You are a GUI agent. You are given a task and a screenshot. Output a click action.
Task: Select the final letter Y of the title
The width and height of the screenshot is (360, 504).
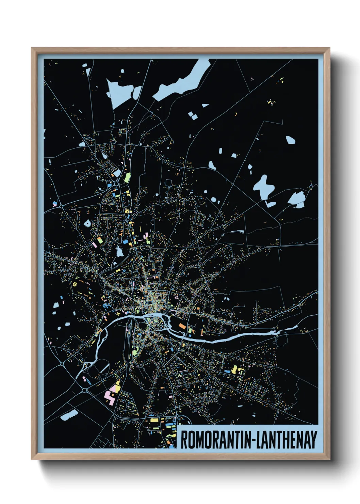[x=313, y=440]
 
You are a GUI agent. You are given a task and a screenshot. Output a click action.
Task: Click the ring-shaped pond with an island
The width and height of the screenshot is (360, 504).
[x=88, y=224]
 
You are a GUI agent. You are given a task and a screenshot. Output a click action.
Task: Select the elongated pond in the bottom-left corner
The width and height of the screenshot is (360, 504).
[x=69, y=415]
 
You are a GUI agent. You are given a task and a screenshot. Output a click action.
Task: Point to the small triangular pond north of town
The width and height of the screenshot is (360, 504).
[x=205, y=106]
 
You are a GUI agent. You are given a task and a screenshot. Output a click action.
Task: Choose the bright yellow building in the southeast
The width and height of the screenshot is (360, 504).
[x=234, y=369]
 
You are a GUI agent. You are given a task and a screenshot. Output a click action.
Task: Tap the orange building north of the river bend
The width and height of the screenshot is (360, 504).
[x=182, y=326]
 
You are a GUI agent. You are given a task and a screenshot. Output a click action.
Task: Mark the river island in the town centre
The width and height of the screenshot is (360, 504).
[x=157, y=320]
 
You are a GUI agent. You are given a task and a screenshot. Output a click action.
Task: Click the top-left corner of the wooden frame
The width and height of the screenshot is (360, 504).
[x=32, y=48]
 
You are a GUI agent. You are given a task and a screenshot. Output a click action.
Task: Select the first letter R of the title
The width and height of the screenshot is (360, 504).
[x=183, y=440]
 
